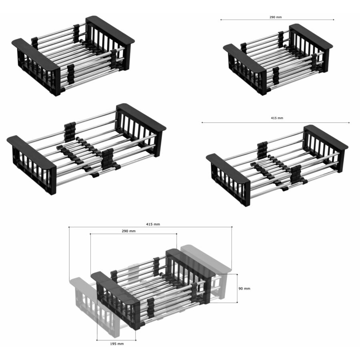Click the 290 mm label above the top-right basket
tap(276, 17)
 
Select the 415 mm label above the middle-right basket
tap(277, 118)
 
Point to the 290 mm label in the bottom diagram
tap(128, 231)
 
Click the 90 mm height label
tap(244, 288)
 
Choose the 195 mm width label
tap(117, 344)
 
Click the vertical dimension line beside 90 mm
tap(237, 288)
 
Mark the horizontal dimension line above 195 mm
tap(116, 340)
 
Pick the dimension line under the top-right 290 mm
tap(277, 20)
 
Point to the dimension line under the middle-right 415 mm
tap(276, 123)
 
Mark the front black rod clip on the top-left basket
tap(71, 74)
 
